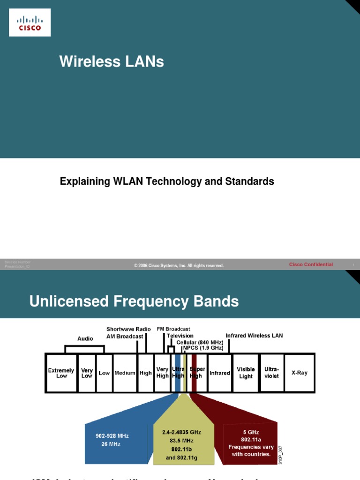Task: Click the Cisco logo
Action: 30,23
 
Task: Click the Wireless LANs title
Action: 112,61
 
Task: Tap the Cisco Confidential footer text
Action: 311,265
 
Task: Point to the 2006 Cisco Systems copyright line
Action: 179,266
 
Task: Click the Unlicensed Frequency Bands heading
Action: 134,301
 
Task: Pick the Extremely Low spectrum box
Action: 61,373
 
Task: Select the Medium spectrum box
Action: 125,373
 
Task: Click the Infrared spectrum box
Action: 219,373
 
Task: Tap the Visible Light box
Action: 246,373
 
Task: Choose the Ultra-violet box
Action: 271,373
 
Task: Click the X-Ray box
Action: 299,373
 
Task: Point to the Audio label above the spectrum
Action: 85,338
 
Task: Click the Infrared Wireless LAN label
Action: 254,336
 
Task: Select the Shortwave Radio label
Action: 128,330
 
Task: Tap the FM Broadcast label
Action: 173,330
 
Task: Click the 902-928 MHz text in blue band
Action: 112,436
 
